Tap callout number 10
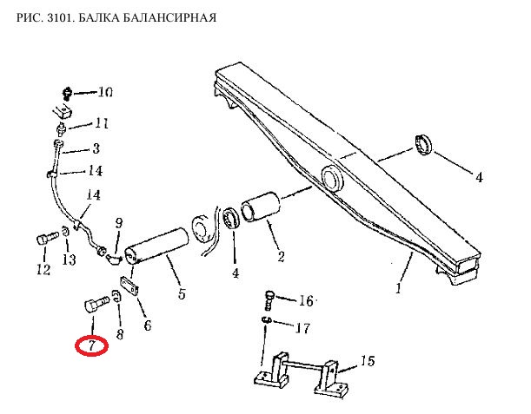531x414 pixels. coord(105,92)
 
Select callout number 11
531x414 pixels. coord(102,123)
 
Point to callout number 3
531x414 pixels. coord(96,148)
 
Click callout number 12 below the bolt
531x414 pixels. coord(43,270)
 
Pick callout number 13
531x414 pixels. coord(69,260)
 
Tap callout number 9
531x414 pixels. coord(119,223)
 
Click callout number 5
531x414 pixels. coord(182,294)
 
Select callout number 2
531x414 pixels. coord(281,257)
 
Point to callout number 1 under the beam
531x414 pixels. coord(399,288)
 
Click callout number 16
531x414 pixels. coord(306,300)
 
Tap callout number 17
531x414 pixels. coord(302,328)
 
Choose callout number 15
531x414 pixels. coord(368,361)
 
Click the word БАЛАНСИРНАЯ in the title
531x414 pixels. coord(169,17)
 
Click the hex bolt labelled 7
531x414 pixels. coord(96,304)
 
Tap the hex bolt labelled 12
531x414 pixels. coord(48,238)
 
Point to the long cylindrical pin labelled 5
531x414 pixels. coord(156,246)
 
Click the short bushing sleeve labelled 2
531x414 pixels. coord(261,207)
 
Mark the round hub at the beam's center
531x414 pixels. coord(333,178)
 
